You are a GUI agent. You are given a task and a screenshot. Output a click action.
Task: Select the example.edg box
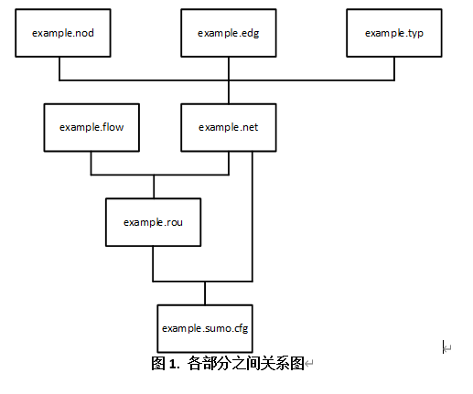228,34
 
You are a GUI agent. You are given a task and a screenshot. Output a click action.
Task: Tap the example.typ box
393,34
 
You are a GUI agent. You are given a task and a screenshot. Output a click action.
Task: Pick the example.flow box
91,127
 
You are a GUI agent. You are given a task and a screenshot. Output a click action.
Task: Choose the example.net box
228,127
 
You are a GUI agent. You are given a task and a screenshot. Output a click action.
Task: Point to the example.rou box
153,221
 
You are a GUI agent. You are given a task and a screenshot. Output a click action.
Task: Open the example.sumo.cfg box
204,328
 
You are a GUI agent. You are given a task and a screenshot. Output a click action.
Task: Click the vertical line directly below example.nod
60,69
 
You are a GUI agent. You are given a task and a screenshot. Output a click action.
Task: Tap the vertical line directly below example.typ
394,69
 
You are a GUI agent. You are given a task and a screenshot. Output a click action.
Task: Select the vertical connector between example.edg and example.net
228,91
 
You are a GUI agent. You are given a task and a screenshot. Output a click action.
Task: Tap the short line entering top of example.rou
153,186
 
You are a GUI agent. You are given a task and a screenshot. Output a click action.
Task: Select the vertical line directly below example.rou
153,263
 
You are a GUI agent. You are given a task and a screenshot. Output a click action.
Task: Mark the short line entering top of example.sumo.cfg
204,293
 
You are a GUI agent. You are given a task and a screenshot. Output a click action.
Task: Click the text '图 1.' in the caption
167,364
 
